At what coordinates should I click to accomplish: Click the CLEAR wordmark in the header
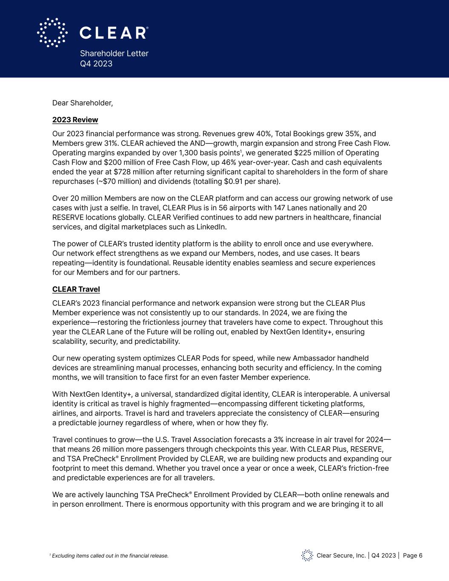(x=114, y=33)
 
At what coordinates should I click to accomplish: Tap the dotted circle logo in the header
(x=52, y=32)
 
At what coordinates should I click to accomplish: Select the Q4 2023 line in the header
(x=96, y=64)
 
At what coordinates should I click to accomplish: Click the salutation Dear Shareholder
(x=83, y=103)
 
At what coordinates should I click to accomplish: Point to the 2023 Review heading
(x=75, y=120)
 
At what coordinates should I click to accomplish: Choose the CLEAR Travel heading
(x=76, y=289)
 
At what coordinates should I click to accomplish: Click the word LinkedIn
(x=211, y=227)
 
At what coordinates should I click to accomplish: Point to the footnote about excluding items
(x=109, y=556)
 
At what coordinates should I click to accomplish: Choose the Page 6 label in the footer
(x=412, y=555)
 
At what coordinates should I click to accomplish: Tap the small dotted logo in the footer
(x=307, y=555)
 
